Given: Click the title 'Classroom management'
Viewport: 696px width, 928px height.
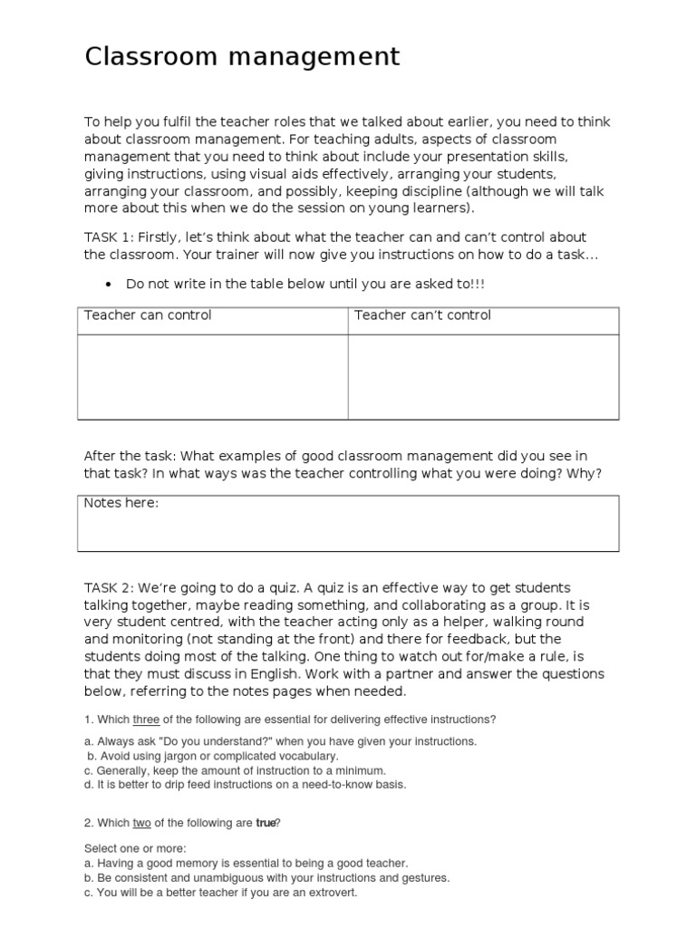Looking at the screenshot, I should (x=242, y=57).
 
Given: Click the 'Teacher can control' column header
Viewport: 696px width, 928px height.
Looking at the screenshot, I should (x=148, y=315).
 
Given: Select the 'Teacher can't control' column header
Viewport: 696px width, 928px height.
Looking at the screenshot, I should (x=422, y=315).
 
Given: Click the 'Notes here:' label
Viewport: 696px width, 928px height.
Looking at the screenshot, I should (x=121, y=503).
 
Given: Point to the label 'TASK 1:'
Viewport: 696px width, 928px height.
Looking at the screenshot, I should (x=109, y=237).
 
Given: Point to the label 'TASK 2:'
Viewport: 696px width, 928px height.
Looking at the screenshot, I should (x=109, y=588).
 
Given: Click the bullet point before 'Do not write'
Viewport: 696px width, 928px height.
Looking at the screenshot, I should (x=109, y=285).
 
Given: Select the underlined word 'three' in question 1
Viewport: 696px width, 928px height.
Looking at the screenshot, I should (x=146, y=720).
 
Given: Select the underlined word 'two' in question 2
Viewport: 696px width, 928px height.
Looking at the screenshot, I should (x=142, y=823).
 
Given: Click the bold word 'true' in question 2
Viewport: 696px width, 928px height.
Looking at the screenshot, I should (x=266, y=823).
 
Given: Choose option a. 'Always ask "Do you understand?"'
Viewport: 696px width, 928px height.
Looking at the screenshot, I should (x=280, y=741).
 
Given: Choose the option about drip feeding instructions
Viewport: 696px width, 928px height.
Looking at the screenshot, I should (x=245, y=785).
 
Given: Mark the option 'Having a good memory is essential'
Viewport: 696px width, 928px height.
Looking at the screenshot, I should (x=246, y=864).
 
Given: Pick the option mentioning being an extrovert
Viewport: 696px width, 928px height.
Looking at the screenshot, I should (x=220, y=893).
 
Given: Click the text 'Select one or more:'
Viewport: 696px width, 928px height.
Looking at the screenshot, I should (x=135, y=849).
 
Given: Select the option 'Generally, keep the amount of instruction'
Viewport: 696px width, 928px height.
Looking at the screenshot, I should (x=227, y=770).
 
